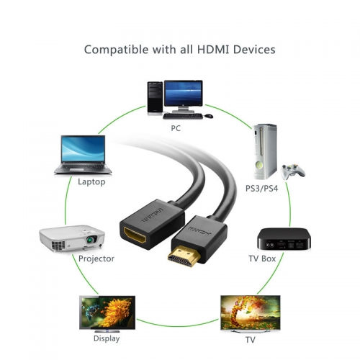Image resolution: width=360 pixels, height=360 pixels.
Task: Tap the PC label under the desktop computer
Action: [x=176, y=128]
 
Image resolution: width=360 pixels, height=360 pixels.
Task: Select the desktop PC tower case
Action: [x=155, y=98]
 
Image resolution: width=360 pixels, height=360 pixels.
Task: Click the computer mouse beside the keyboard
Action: [x=209, y=116]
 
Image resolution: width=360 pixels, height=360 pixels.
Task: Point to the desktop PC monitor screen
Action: [x=184, y=94]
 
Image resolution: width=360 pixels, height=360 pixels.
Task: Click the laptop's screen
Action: [x=83, y=149]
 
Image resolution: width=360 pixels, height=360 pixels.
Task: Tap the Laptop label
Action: [x=91, y=182]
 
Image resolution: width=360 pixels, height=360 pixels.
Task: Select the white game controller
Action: [x=293, y=171]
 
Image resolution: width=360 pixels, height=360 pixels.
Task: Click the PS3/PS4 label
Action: [x=261, y=189]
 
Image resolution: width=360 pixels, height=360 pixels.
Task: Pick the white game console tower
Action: [x=265, y=151]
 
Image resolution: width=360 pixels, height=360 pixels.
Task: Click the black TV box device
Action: [x=284, y=239]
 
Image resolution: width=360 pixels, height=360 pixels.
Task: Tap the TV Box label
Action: [x=262, y=258]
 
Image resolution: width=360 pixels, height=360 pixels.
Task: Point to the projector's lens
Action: [x=91, y=239]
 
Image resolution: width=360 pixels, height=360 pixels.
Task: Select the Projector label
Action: [x=96, y=258]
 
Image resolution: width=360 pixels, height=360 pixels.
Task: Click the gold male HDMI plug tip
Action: [x=184, y=257]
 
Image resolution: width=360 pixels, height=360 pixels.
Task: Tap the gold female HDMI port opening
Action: [x=135, y=235]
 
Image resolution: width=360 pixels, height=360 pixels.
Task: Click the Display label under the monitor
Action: [x=107, y=338]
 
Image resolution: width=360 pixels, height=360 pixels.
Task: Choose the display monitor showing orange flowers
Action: [x=107, y=312]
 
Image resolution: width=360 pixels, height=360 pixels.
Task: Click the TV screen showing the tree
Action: [x=251, y=312]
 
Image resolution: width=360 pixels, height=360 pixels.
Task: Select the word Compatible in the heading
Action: [x=117, y=50]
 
